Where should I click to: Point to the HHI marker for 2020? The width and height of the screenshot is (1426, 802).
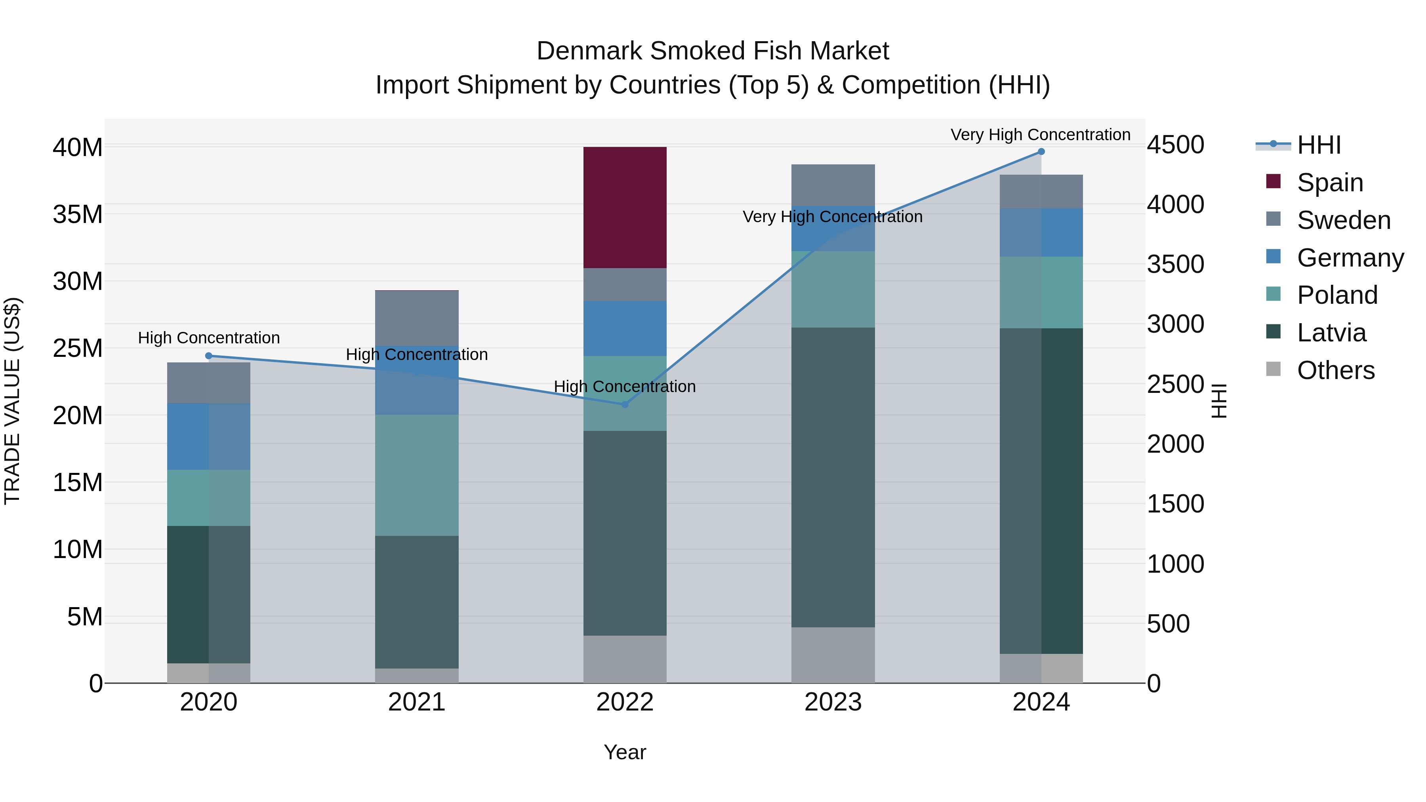pos(209,356)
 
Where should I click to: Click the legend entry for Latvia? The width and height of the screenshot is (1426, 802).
pos(1331,333)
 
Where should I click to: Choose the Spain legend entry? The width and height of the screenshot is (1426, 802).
pos(1330,183)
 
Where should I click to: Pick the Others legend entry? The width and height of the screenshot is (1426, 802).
pos(1335,370)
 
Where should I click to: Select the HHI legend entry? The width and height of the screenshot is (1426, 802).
pos(1319,145)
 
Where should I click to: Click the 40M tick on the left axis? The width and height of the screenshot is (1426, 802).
pos(78,148)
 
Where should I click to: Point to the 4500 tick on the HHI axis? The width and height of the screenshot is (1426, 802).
pos(1175,145)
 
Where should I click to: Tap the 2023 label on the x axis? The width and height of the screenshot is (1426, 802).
pos(833,702)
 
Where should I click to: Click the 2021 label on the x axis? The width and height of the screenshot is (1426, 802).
pos(416,702)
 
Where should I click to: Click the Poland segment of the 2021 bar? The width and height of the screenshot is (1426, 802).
pos(416,475)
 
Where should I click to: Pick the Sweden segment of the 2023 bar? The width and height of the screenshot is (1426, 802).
pos(833,185)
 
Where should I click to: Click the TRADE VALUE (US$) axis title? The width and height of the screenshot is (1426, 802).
pos(12,401)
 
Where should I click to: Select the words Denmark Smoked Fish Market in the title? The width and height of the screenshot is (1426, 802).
pos(713,51)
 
